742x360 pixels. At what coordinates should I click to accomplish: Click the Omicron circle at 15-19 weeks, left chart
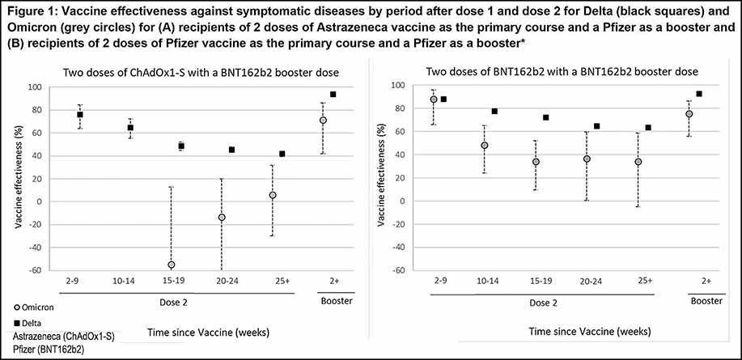[x=171, y=265]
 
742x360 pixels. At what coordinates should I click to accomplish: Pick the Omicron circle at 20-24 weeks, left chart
[x=222, y=218]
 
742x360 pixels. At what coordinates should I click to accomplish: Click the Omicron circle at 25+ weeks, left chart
[x=272, y=196]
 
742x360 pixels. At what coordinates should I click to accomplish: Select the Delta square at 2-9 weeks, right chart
[x=443, y=100]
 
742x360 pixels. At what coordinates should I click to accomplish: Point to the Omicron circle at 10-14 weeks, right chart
[x=484, y=146]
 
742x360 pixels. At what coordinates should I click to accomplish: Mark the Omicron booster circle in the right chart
[x=689, y=114]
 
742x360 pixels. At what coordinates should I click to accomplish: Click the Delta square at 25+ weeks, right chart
[x=648, y=127]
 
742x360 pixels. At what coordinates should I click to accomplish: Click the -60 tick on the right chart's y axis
[x=401, y=270]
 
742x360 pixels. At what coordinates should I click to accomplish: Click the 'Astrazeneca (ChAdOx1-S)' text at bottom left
[x=61, y=337]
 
